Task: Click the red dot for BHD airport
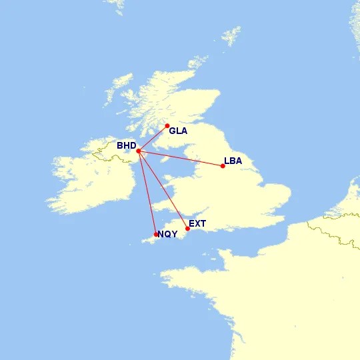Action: click(x=138, y=151)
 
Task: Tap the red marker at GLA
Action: click(x=167, y=125)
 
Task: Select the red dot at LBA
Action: click(x=223, y=165)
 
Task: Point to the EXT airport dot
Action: click(x=187, y=229)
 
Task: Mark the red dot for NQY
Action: click(x=156, y=234)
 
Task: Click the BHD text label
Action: click(x=126, y=145)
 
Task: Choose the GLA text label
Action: click(x=178, y=131)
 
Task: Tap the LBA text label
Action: click(x=233, y=161)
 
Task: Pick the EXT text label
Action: click(x=197, y=223)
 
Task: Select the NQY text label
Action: click(x=167, y=233)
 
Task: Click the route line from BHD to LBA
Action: click(x=180, y=158)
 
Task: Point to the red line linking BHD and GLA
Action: click(x=153, y=138)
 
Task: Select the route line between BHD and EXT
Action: click(x=163, y=190)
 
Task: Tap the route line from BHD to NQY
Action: click(x=147, y=192)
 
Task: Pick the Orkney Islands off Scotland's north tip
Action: click(x=197, y=63)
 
